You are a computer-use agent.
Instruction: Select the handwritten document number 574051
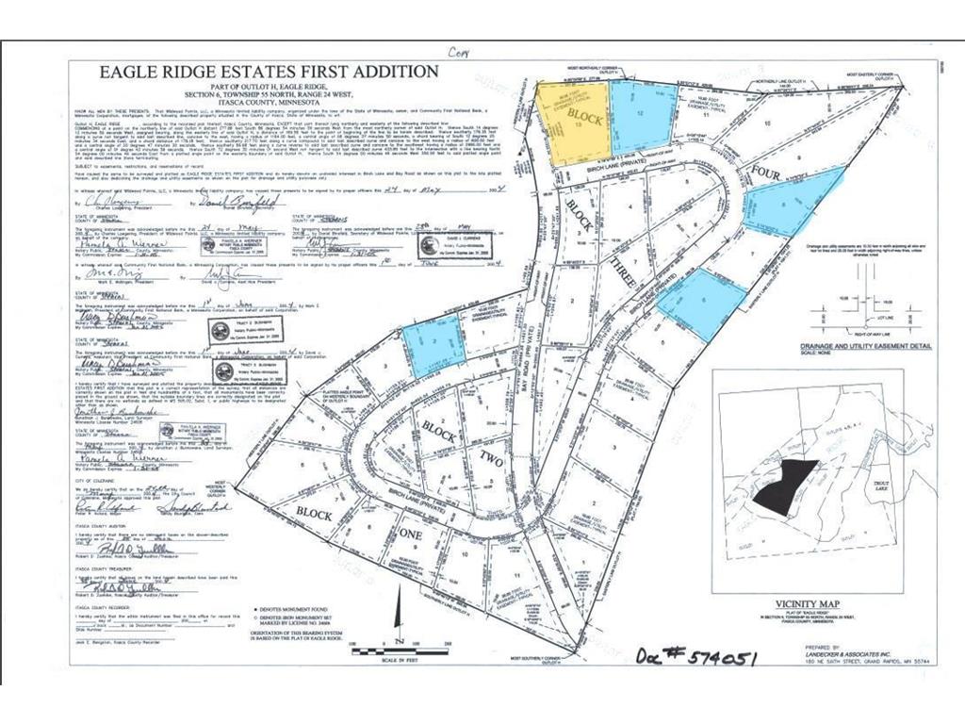[x=696, y=653]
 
